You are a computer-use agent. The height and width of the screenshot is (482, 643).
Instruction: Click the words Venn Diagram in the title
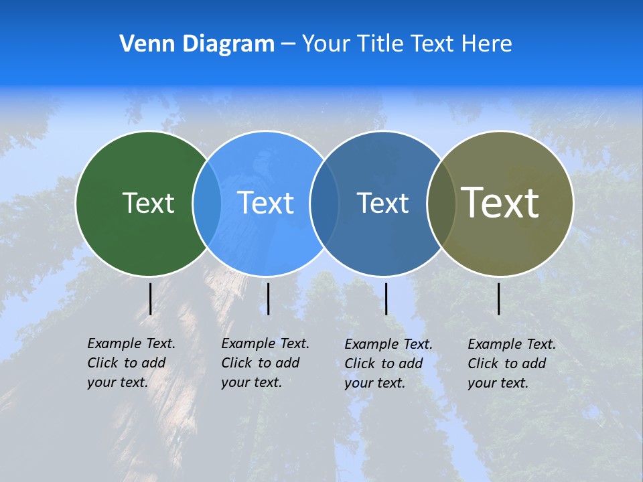point(197,44)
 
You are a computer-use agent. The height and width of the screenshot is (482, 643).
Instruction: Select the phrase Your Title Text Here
point(407,44)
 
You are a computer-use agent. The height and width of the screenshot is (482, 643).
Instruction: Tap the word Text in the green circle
point(148,203)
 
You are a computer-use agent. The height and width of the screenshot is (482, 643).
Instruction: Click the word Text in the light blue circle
point(266,203)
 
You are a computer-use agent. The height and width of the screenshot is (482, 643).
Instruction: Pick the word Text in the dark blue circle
point(382,203)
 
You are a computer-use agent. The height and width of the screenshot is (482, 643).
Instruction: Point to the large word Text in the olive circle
point(500,202)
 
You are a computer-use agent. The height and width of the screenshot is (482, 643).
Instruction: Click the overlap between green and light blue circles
point(207,204)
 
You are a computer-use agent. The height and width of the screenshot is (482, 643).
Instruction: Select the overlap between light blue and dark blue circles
point(324,204)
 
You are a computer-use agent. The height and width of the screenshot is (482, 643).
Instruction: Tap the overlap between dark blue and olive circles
point(441,204)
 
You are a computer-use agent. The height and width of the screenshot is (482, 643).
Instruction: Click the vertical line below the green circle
point(150,299)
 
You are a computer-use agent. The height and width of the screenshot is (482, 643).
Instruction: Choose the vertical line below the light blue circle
point(268,299)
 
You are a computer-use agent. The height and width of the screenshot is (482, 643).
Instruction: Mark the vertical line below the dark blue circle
point(386,299)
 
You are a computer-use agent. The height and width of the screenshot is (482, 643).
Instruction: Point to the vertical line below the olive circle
point(498,299)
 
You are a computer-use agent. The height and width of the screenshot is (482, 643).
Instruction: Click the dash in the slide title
point(288,44)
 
